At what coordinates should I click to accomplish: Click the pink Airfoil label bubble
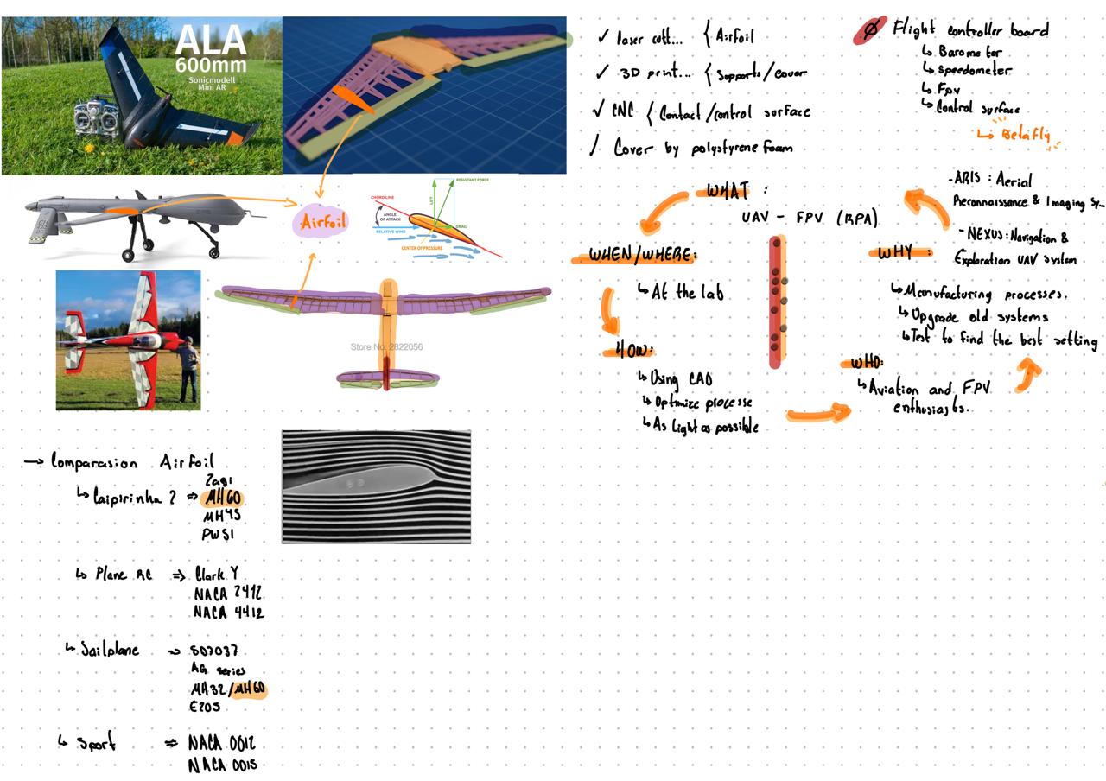point(322,223)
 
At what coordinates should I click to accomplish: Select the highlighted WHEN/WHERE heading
point(640,256)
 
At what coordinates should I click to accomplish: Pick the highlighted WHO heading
point(866,362)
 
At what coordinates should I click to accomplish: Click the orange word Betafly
point(1026,135)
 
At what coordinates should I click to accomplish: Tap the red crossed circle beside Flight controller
point(871,29)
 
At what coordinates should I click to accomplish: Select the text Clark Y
point(216,574)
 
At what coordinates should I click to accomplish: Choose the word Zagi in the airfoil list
point(219,480)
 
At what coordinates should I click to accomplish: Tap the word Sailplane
point(110,650)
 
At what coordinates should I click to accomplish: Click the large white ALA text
point(210,41)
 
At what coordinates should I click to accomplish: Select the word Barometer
point(969,52)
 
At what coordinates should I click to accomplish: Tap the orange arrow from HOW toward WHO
point(817,416)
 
